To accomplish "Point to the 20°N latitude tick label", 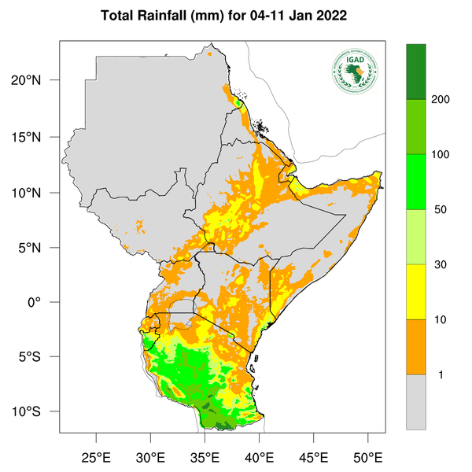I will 36,81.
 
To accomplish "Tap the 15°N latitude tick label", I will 36,137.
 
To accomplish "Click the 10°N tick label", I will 36,193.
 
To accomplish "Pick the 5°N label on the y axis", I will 39,248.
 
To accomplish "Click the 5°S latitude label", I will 39,357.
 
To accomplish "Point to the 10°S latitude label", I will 36,412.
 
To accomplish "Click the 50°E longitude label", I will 367,457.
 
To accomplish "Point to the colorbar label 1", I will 441,375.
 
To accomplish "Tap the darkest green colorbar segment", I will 416,72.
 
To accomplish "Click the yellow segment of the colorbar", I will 416,292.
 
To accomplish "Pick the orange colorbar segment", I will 416,347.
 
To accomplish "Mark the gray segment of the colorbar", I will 416,402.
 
